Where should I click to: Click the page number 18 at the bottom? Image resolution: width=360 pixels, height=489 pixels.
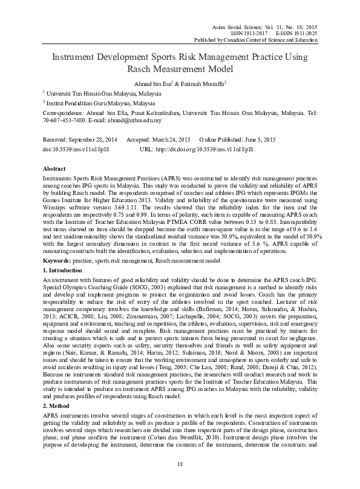[180, 481]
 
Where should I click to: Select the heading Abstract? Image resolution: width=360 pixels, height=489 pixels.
[55, 168]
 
